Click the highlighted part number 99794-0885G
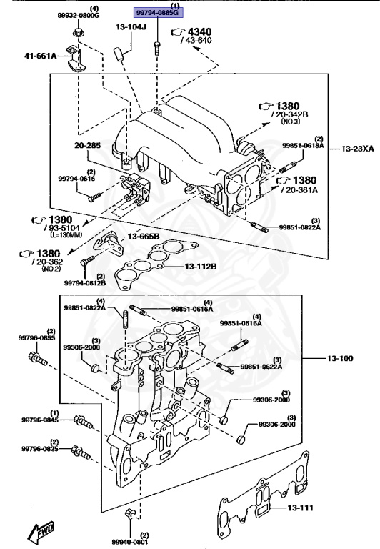tap(158, 13)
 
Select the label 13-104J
tap(131, 26)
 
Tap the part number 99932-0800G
tap(79, 16)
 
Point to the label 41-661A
tap(40, 55)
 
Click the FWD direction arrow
tap(41, 532)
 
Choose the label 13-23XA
tap(358, 149)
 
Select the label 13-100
tap(340, 358)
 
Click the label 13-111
tap(301, 508)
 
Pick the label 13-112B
tap(201, 267)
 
